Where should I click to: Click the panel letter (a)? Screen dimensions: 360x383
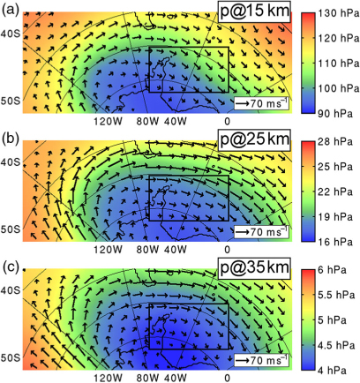click(x=11, y=11)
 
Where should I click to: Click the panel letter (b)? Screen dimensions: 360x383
click(x=11, y=139)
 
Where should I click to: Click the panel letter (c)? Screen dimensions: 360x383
click(x=11, y=267)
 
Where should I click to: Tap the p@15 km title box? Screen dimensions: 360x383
click(x=254, y=11)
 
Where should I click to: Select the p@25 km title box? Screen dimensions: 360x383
click(x=254, y=139)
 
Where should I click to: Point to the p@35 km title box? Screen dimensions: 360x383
click(x=254, y=267)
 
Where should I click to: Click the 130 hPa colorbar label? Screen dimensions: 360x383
click(x=339, y=13)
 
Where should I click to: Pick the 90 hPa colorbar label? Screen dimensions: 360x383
click(x=335, y=114)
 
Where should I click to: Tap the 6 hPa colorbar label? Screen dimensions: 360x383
click(x=332, y=270)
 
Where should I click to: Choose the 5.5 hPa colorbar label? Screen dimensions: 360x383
click(x=336, y=295)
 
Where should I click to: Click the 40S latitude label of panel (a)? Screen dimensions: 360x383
click(x=11, y=34)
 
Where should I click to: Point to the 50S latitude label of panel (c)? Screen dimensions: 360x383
click(x=11, y=357)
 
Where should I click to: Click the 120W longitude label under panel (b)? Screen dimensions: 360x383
click(x=108, y=250)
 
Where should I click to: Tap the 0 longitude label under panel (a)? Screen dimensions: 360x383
click(x=227, y=121)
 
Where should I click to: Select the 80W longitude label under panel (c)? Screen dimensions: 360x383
click(x=147, y=378)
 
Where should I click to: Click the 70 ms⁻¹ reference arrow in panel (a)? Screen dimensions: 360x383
click(x=243, y=103)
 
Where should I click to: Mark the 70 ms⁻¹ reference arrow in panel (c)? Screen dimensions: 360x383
click(x=243, y=360)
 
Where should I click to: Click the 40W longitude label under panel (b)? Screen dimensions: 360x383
click(x=176, y=250)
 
